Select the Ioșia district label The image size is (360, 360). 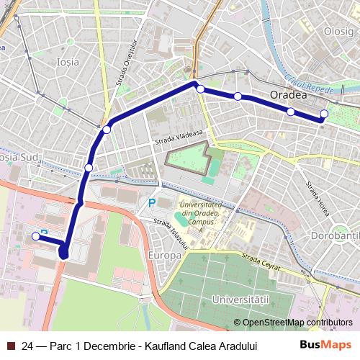click(x=68, y=62)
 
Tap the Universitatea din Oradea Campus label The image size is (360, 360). click(x=201, y=212)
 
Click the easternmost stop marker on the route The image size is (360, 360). click(x=324, y=114)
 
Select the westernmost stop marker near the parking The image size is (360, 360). click(x=35, y=235)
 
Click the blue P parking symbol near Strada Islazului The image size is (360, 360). click(x=151, y=204)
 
